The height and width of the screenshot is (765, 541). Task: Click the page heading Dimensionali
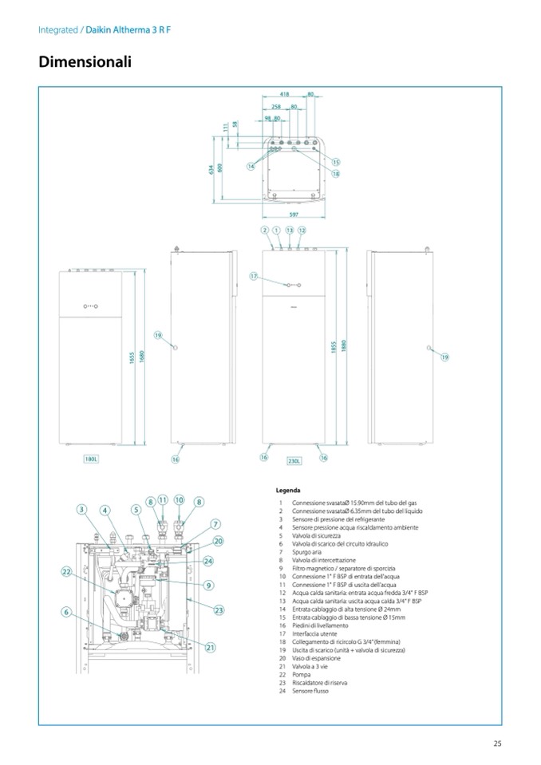pyautogui.click(x=85, y=62)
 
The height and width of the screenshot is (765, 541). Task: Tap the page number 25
pyautogui.click(x=497, y=744)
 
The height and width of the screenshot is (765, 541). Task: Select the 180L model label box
pyautogui.click(x=91, y=459)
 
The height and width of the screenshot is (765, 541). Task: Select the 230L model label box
pyautogui.click(x=294, y=461)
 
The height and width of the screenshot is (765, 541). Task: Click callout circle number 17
pyautogui.click(x=255, y=276)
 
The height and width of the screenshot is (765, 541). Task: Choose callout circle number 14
pyautogui.click(x=251, y=166)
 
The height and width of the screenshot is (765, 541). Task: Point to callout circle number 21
pyautogui.click(x=211, y=647)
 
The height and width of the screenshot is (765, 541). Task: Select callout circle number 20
pyautogui.click(x=218, y=541)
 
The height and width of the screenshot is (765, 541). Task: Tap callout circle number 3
pyautogui.click(x=81, y=509)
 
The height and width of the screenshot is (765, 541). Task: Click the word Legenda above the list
pyautogui.click(x=288, y=491)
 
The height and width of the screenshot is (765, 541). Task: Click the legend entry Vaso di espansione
pyautogui.click(x=315, y=658)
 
